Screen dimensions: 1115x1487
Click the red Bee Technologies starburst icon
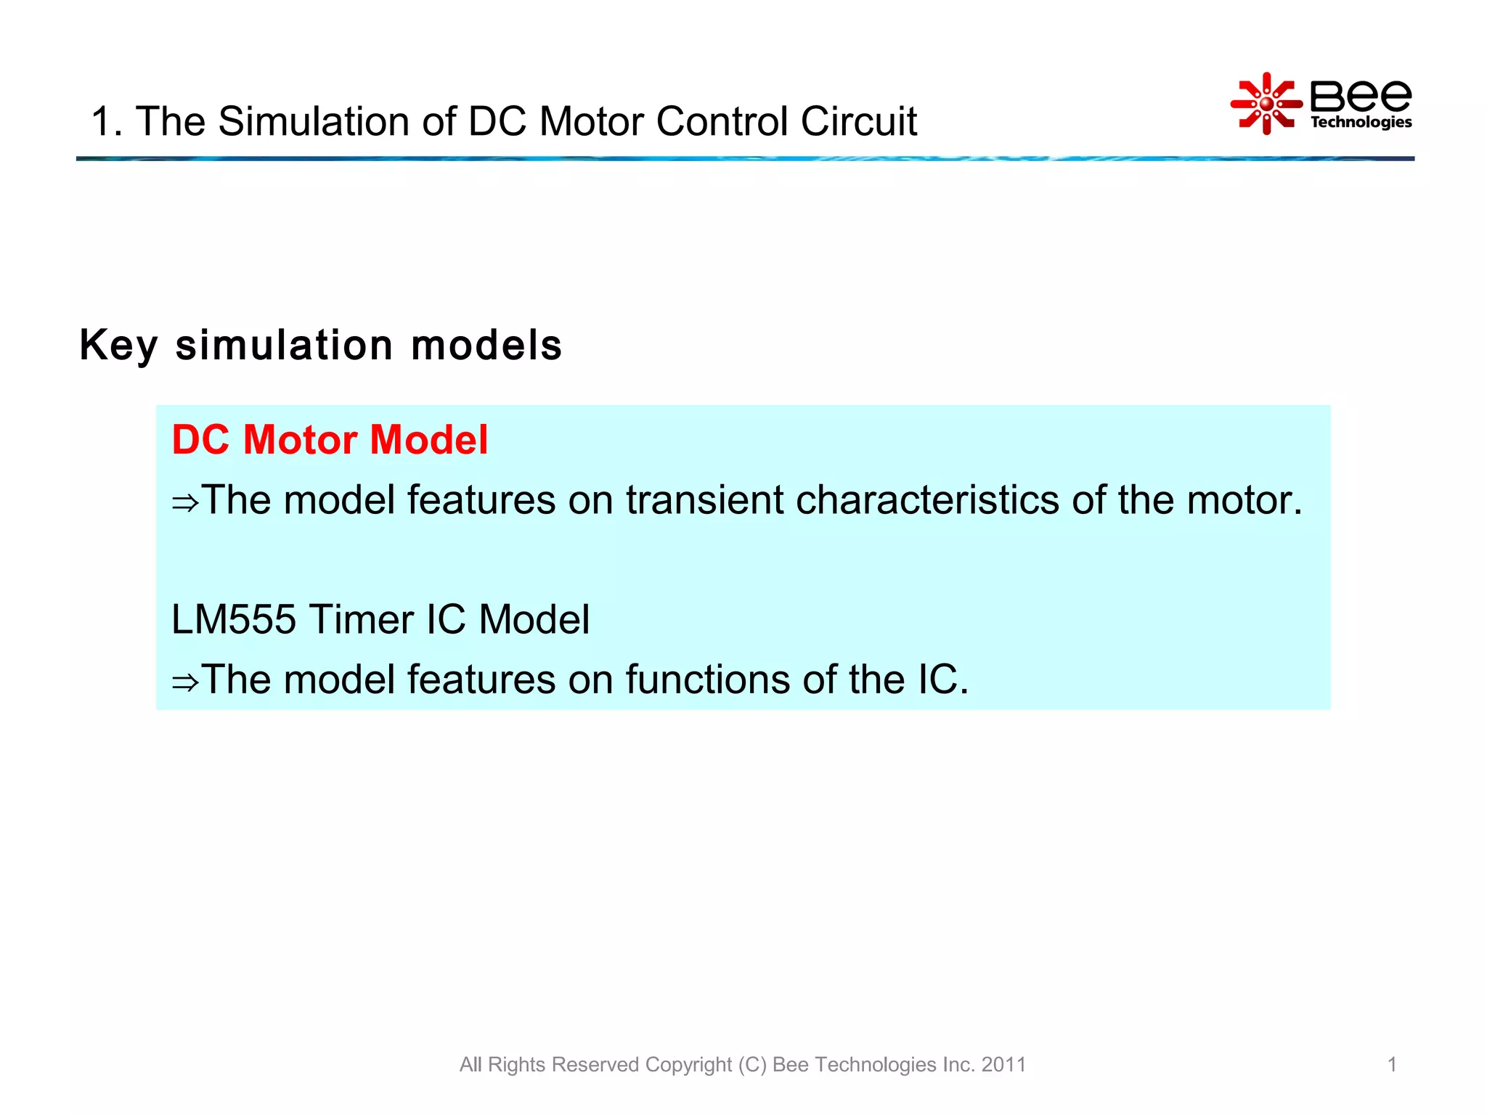pos(1266,104)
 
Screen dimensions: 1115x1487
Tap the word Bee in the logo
pos(1360,95)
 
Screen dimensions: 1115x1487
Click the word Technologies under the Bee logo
pos(1361,122)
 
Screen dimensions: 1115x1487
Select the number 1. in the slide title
pos(106,121)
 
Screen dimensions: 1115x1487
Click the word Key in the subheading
pos(118,346)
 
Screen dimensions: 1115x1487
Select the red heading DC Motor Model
pos(330,440)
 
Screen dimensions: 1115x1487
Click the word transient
pos(704,500)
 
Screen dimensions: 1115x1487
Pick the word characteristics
pos(927,500)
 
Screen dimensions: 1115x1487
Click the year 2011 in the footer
pos(1003,1064)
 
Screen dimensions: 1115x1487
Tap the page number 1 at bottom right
pos(1392,1064)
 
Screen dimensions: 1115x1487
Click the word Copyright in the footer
pos(688,1064)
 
